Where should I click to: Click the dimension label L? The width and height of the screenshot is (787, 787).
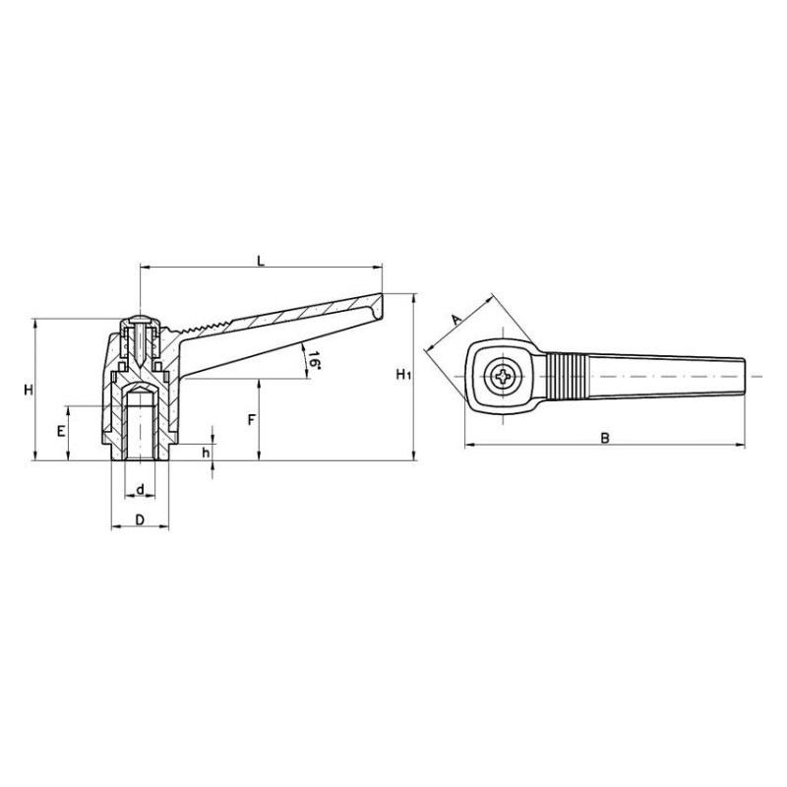[260, 260]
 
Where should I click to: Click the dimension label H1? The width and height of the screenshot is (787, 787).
[401, 375]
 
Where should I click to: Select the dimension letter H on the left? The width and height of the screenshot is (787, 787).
[30, 391]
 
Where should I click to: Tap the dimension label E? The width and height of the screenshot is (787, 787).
[60, 432]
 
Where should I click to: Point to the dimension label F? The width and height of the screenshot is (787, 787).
[252, 419]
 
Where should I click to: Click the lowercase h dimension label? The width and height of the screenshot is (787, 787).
[205, 452]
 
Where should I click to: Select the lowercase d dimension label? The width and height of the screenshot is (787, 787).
[141, 489]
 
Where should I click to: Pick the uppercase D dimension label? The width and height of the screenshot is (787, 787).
[140, 518]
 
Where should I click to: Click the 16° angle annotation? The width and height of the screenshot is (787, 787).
[313, 360]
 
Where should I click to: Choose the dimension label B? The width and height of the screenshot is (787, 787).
[605, 437]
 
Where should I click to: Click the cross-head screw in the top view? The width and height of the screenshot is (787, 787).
[505, 377]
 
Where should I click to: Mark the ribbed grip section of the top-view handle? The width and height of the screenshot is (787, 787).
[568, 377]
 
